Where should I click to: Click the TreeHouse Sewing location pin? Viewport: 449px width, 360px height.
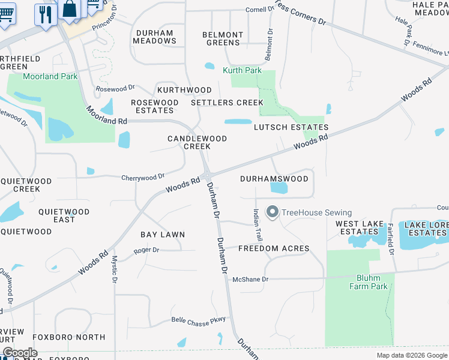point(273,212)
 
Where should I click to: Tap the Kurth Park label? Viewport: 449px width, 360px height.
point(242,70)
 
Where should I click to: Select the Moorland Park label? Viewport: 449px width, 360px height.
point(50,76)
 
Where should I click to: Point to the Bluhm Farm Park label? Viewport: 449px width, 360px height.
point(369,282)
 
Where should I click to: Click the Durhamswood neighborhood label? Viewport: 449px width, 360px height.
point(274,179)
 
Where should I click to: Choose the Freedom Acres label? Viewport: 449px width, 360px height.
point(274,248)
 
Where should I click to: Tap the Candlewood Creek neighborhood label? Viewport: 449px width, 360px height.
point(197,142)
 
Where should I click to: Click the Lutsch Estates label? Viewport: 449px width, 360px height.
point(291,127)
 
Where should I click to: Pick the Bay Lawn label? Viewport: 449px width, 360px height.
point(163,235)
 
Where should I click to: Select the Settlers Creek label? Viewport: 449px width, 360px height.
point(228,103)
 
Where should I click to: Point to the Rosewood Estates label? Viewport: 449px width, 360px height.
point(155,106)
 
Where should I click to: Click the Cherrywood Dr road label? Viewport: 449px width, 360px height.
point(143,177)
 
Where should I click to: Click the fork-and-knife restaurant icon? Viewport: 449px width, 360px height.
point(45,13)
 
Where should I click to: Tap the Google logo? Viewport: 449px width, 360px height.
point(20,353)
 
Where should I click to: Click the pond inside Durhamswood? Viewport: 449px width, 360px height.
point(279,188)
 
